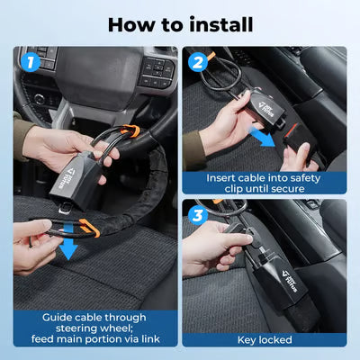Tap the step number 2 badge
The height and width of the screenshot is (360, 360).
(x=196, y=63)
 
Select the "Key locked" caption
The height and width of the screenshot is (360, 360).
(x=265, y=340)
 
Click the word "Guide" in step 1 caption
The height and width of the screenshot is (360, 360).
(x=57, y=317)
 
